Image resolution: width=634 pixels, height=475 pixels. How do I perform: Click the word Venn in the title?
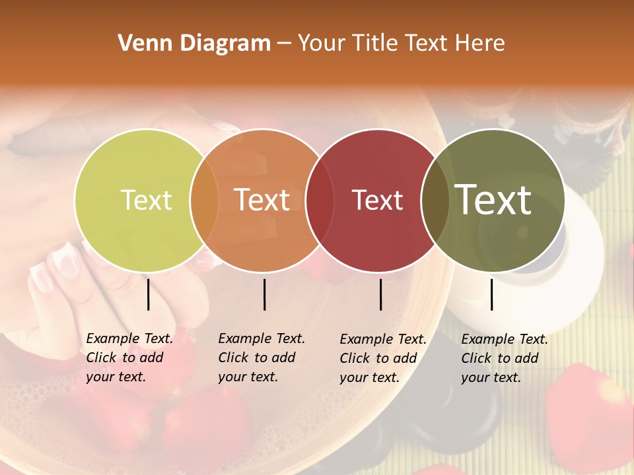(x=142, y=44)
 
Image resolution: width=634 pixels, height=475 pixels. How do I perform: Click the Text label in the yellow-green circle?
(x=146, y=200)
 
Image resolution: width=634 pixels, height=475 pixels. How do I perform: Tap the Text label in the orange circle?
(x=262, y=200)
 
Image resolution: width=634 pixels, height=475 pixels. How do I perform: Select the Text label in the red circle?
(x=377, y=200)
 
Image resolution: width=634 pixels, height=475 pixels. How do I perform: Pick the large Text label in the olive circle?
(x=493, y=200)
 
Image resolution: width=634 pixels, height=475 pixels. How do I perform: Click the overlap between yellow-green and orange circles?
(x=204, y=200)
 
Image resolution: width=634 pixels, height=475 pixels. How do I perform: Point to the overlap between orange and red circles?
(x=320, y=200)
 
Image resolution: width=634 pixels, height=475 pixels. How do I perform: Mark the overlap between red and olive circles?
(x=435, y=200)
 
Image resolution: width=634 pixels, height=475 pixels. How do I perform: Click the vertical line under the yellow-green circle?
(x=149, y=294)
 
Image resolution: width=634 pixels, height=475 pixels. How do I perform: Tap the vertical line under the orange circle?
(x=264, y=294)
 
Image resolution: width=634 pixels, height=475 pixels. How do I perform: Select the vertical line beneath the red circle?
(x=380, y=294)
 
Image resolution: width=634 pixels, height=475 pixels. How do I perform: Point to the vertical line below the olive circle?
(x=491, y=294)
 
